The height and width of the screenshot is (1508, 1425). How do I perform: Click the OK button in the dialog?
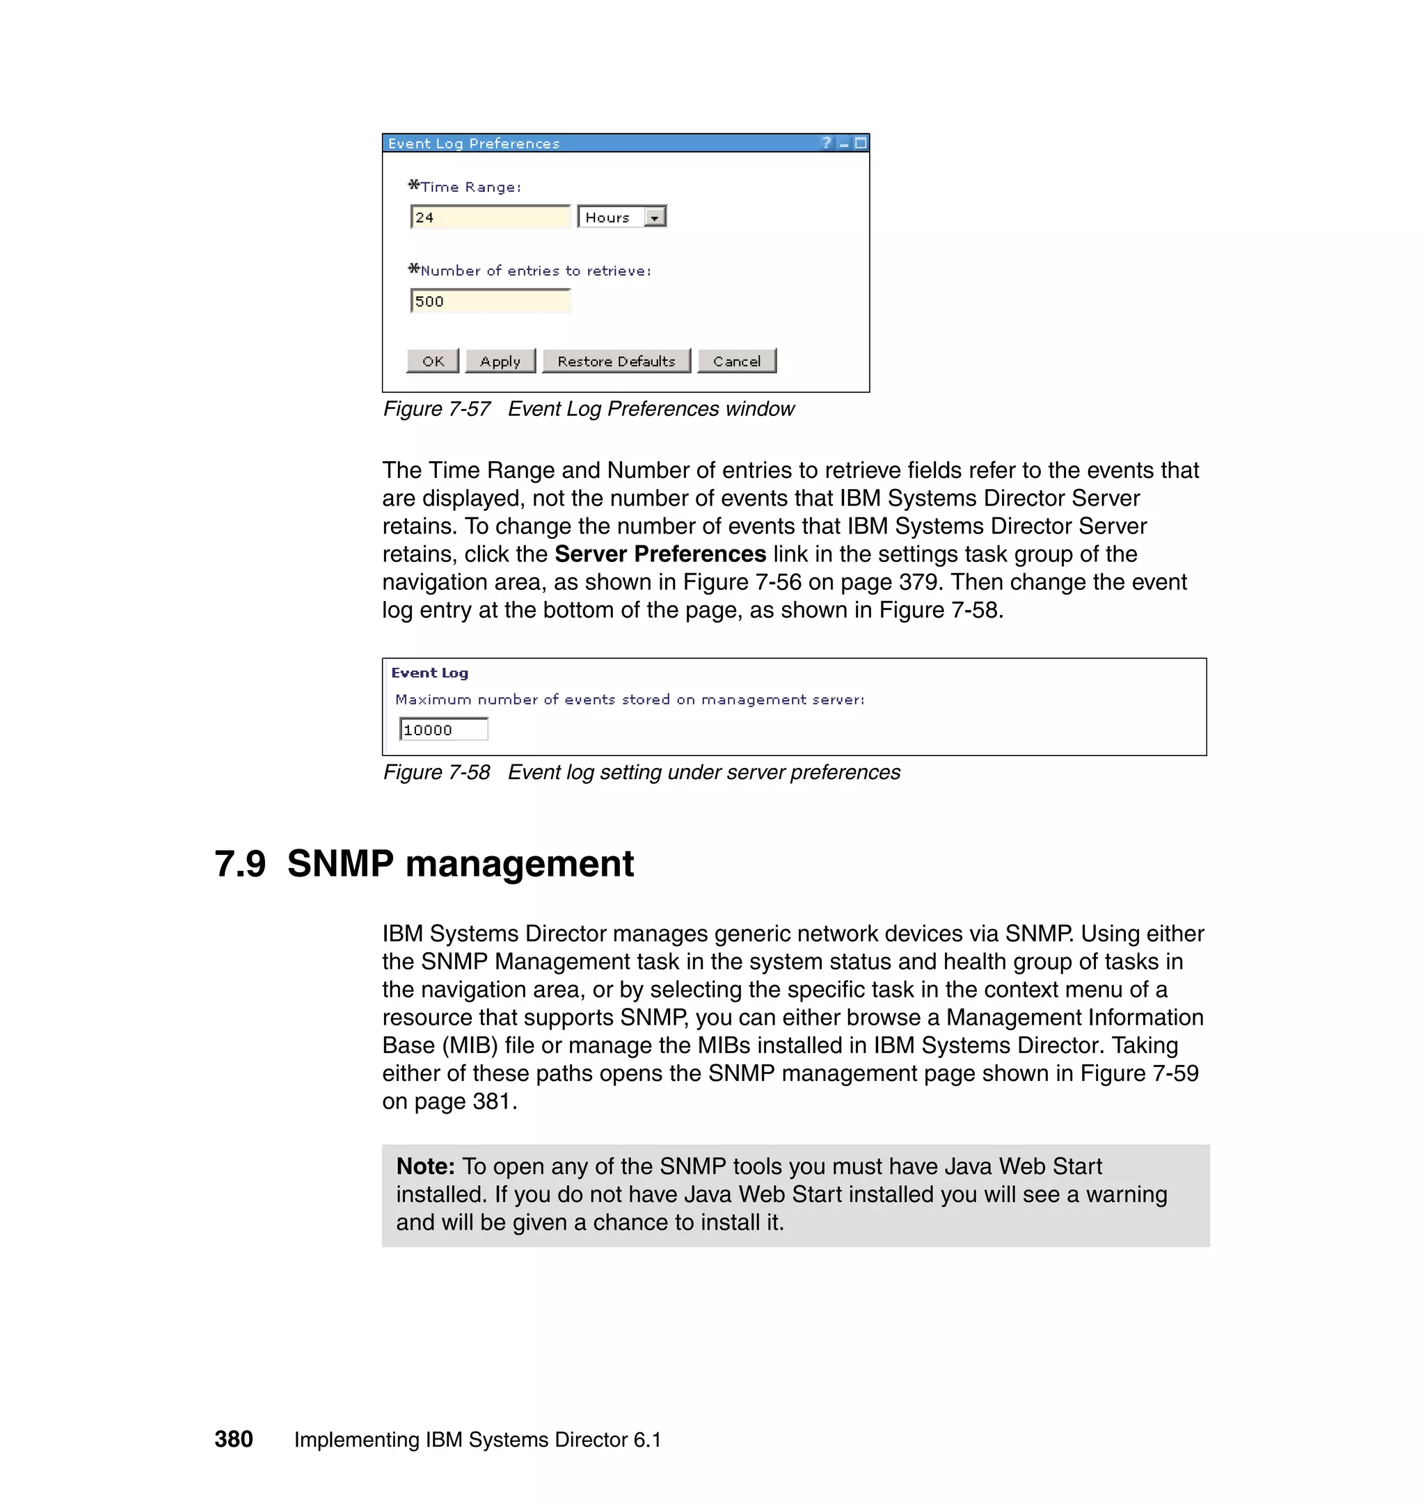pos(432,362)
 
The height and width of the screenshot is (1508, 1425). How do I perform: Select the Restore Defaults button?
pos(616,362)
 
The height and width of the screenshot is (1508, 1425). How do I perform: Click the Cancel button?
pos(736,362)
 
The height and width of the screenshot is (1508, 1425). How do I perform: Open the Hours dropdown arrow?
pos(654,218)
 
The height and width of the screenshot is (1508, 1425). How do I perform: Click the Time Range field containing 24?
pos(490,218)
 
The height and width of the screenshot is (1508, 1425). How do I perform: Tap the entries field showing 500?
pos(490,301)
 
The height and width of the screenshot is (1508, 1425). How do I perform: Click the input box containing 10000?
pos(443,730)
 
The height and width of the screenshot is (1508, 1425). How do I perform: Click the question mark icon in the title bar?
pos(827,143)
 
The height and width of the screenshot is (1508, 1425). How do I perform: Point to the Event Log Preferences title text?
pos(473,143)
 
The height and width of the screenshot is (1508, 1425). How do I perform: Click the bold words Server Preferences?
pos(660,554)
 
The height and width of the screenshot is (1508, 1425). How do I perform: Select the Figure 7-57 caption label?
pos(437,409)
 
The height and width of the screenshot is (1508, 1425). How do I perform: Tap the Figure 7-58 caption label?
pos(437,772)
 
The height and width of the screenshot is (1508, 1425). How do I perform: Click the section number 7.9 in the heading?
pos(240,864)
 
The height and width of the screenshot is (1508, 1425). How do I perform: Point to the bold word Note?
pos(425,1166)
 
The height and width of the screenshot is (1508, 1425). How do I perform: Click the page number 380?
pos(233,1439)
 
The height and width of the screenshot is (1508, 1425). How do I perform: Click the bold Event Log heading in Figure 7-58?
pos(429,673)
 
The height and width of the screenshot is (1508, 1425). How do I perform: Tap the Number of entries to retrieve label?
pos(535,271)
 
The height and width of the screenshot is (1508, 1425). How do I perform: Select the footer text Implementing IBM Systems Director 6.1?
pos(477,1440)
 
